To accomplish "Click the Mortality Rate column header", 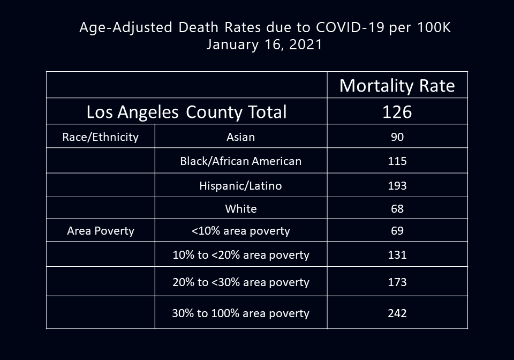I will [397, 86].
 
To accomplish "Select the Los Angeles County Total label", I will [186, 112].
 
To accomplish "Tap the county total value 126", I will [397, 112].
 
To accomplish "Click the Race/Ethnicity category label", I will [100, 137].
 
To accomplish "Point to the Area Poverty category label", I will [100, 231].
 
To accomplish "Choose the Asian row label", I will [240, 137].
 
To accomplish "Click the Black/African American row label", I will [240, 161].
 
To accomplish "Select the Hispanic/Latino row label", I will [240, 185].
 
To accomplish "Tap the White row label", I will [240, 208].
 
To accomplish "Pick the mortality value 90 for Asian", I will [397, 137].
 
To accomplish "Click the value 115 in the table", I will [397, 161].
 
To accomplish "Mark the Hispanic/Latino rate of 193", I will [397, 185].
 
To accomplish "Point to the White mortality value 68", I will [397, 208].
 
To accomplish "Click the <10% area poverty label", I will [240, 231].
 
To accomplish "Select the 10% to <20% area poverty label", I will [240, 255].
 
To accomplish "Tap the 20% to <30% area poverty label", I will [240, 282].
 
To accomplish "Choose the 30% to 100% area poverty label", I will [240, 313].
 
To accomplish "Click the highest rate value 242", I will [397, 313].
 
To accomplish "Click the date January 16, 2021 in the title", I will [264, 44].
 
